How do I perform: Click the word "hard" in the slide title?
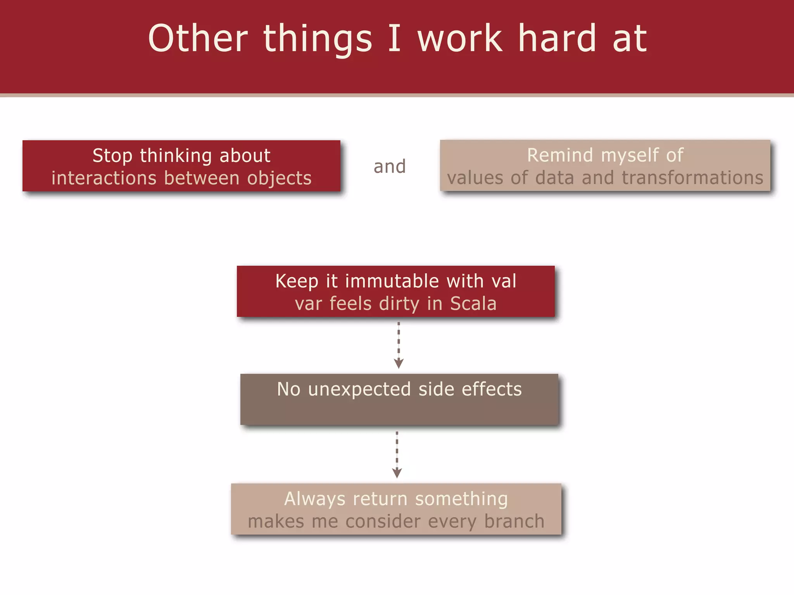pos(557,38)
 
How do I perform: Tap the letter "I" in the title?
pos(394,38)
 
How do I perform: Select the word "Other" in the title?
pos(198,38)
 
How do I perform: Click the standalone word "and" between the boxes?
pos(390,167)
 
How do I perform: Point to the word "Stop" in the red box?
pos(112,156)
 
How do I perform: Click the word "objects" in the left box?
pos(279,178)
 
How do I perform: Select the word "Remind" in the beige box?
pos(560,155)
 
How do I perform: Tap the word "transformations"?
pos(692,178)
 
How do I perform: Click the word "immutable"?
pos(392,281)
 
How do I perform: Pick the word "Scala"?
pos(473,303)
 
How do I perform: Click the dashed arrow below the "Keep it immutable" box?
pos(399,345)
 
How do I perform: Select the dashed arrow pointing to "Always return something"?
pos(397,454)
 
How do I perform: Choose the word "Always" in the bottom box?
pos(315,499)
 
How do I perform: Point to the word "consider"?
pos(383,521)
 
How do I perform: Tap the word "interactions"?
pos(104,178)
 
